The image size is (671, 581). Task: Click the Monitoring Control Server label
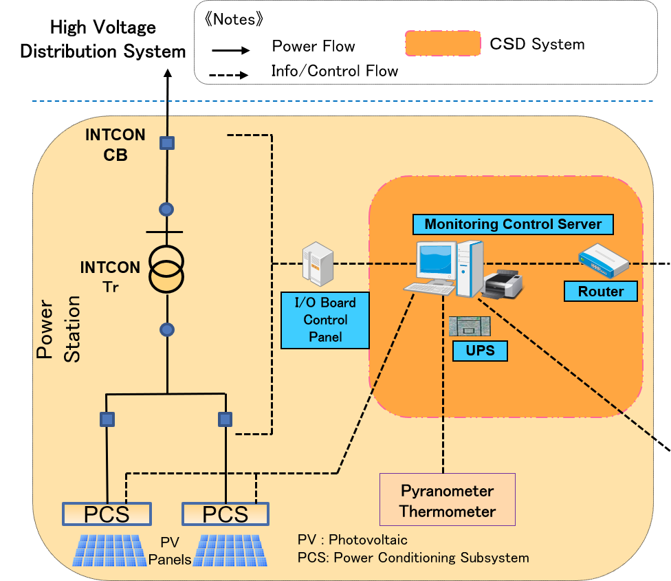pos(512,224)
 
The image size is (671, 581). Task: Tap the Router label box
pos(600,292)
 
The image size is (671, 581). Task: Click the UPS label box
pos(480,351)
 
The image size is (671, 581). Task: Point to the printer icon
pos(503,283)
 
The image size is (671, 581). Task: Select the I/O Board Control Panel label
pos(325,320)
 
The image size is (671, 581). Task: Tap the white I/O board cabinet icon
pos(318,264)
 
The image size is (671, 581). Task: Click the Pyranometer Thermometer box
pos(448,501)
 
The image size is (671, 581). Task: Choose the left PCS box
pos(107,514)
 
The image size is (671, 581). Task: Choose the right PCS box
pos(225,514)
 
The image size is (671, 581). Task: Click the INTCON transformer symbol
pos(166,268)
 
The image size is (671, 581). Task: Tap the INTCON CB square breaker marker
pos(166,143)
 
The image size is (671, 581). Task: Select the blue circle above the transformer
pos(166,209)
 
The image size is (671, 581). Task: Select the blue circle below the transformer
pos(166,330)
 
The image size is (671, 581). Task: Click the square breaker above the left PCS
pos(107,419)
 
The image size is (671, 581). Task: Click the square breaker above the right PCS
pos(225,419)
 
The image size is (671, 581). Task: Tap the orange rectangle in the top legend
pos(443,43)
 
